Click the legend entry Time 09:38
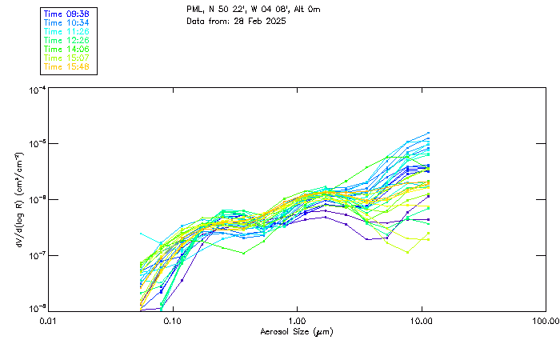pos(66,14)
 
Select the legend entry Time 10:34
pos(66,23)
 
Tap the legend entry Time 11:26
pos(66,32)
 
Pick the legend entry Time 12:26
pos(66,40)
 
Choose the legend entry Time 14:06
pos(66,49)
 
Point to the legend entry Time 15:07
pos(66,58)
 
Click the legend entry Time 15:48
pos(66,66)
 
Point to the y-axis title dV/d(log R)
pos(19,200)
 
